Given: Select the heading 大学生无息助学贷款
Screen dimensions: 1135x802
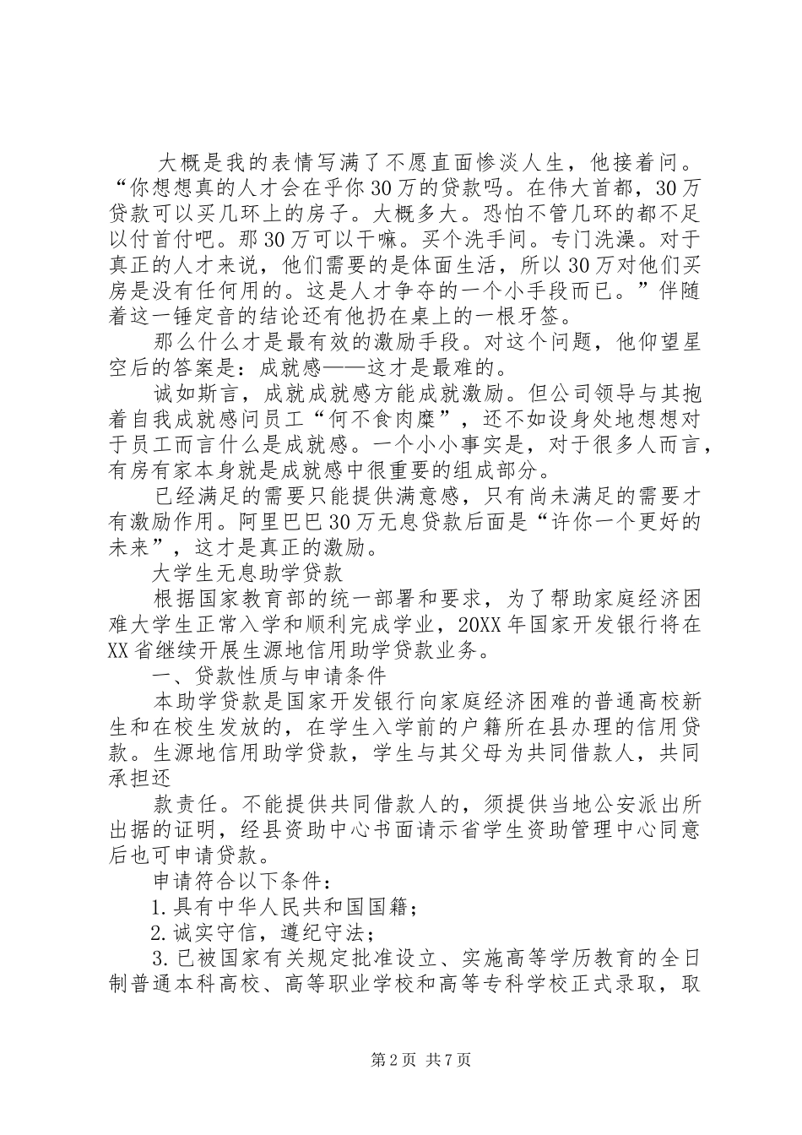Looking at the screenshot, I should [x=247, y=573].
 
